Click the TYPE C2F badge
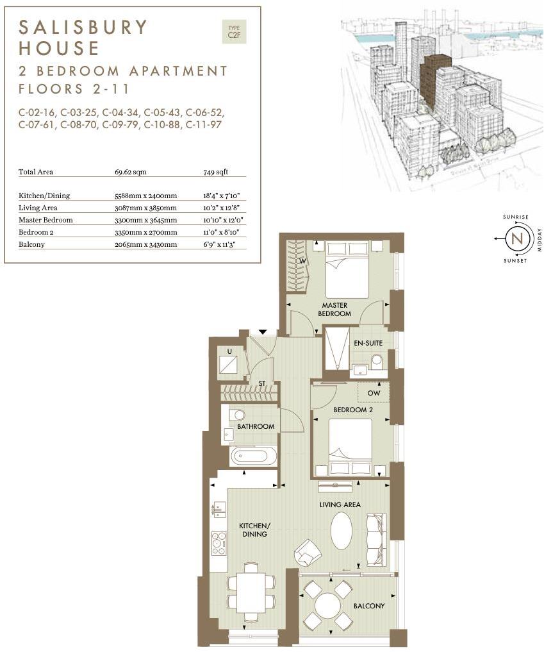coord(233,32)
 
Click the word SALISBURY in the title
coord(83,27)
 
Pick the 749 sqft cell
coord(215,172)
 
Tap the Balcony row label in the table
coord(31,244)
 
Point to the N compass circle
coord(516,239)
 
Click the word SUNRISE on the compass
coord(516,217)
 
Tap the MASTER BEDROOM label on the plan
coord(335,310)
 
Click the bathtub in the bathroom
coord(254,456)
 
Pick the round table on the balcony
coord(327,605)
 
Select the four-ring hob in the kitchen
coord(218,543)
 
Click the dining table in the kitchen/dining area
coord(251,594)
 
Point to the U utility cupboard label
coord(229,351)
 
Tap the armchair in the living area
coord(308,551)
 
